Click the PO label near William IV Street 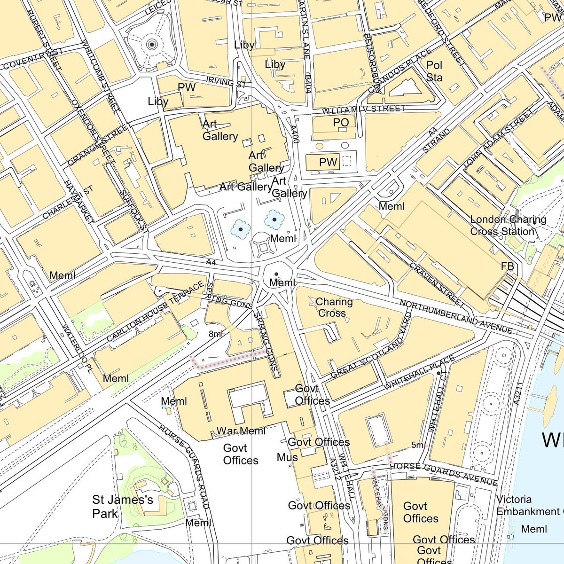(x=341, y=123)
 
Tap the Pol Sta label (x=434, y=71)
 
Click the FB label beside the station (x=507, y=266)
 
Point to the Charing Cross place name (x=334, y=307)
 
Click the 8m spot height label (x=215, y=334)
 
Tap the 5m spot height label (x=417, y=445)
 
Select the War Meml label (x=241, y=431)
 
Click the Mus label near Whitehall (x=287, y=457)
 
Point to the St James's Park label (x=123, y=506)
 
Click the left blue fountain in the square (x=241, y=229)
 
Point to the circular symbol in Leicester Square (x=151, y=45)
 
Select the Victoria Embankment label (x=529, y=505)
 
